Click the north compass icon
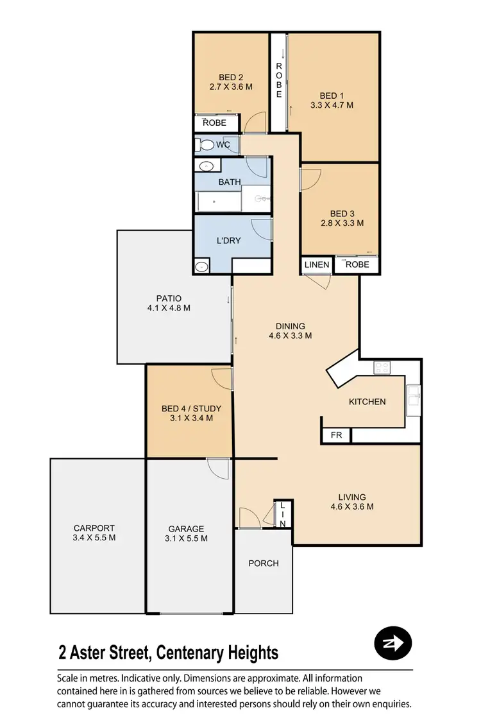pos(392,642)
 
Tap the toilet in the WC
pos(207,145)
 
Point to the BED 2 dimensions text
pos(231,88)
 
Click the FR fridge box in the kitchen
pos(336,435)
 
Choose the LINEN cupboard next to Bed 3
pos(317,264)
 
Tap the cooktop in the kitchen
pos(382,368)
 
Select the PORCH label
pos(264,563)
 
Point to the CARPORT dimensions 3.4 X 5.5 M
pos(94,538)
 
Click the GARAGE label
pos(186,529)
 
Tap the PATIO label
pos(169,298)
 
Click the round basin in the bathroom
pos(206,167)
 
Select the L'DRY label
pos(228,241)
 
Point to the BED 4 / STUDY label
pos(191,408)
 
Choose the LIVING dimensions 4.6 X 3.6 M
pos(352,506)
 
